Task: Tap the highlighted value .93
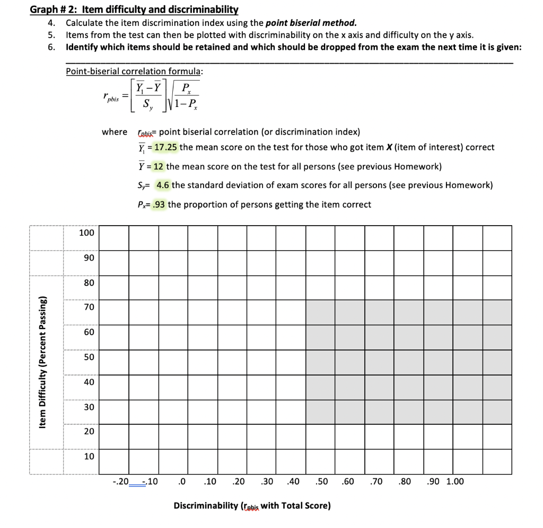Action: [158, 204]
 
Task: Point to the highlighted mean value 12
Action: [158, 166]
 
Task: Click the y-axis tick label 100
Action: [86, 233]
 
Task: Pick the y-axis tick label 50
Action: [89, 357]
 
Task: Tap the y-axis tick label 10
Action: [89, 456]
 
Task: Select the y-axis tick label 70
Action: [89, 307]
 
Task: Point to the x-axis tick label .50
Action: [321, 481]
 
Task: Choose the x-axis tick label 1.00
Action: [454, 481]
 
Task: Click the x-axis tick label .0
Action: [182, 481]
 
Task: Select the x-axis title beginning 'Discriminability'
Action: [252, 506]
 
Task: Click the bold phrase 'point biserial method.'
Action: [311, 23]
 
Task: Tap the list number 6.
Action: [51, 47]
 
